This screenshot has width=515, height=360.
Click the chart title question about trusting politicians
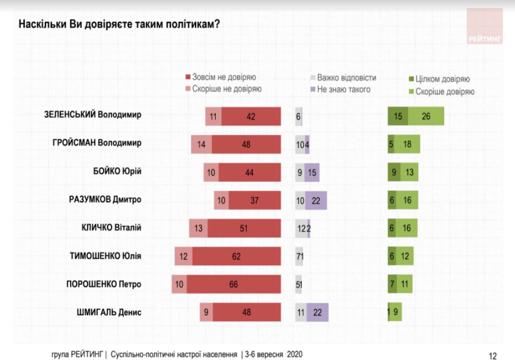click(120, 24)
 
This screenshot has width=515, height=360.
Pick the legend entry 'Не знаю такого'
click(340, 89)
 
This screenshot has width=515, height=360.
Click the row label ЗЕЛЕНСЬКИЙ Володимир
click(93, 114)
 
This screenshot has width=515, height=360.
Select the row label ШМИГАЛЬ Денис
click(109, 312)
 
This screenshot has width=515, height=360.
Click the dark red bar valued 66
click(234, 285)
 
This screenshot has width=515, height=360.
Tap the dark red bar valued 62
click(236, 256)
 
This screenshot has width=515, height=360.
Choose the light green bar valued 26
click(426, 116)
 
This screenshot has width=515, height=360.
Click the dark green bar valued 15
click(398, 116)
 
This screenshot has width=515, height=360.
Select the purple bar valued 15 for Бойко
click(312, 172)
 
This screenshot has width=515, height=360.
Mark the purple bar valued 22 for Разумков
click(316, 200)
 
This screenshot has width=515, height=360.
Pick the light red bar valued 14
click(201, 144)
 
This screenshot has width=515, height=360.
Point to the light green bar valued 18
click(407, 144)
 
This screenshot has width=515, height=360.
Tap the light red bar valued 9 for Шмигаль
click(207, 313)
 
